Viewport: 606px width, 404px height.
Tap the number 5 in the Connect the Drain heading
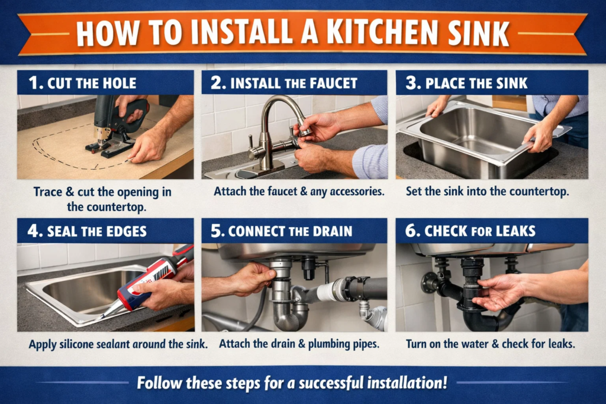[220, 231]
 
